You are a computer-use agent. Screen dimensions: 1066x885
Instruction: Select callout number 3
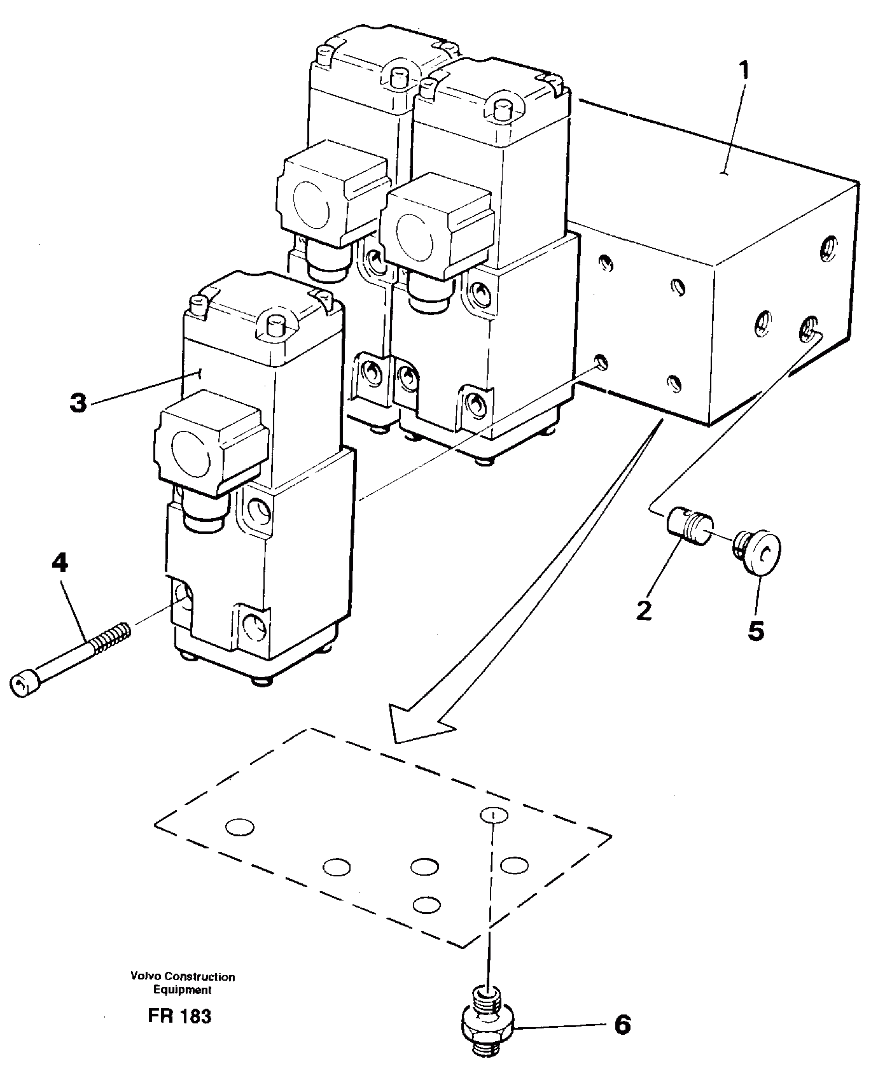(x=78, y=403)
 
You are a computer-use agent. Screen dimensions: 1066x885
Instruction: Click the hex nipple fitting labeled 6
(x=487, y=1021)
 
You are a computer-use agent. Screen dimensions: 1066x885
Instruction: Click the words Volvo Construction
(x=182, y=976)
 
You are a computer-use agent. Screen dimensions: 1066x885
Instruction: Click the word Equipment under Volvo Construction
(x=182, y=990)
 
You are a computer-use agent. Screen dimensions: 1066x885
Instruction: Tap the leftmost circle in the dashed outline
(x=240, y=827)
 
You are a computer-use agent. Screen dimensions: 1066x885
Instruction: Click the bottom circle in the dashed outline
(x=426, y=904)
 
